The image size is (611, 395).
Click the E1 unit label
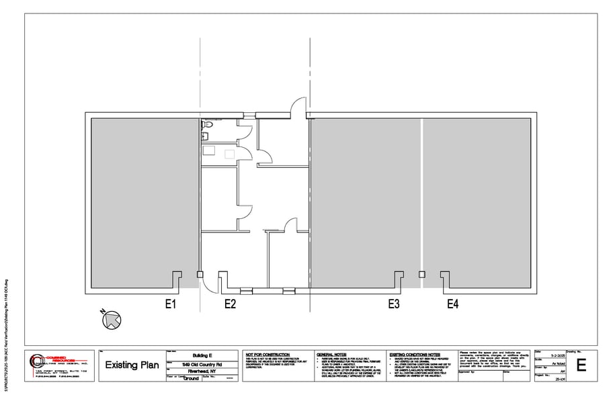(171, 304)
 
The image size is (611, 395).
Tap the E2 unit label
(230, 304)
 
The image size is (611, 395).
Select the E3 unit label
(394, 304)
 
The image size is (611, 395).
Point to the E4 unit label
(453, 304)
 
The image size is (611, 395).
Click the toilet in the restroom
(208, 125)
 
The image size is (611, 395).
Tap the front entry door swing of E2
(210, 285)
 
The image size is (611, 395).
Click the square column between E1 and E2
(200, 274)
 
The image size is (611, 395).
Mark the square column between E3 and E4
(422, 274)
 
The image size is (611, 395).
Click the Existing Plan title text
(132, 365)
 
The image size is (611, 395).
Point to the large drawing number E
(581, 365)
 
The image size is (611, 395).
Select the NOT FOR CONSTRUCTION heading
(268, 354)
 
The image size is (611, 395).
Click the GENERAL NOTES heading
(333, 354)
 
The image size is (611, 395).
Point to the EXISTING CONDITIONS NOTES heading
(414, 354)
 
